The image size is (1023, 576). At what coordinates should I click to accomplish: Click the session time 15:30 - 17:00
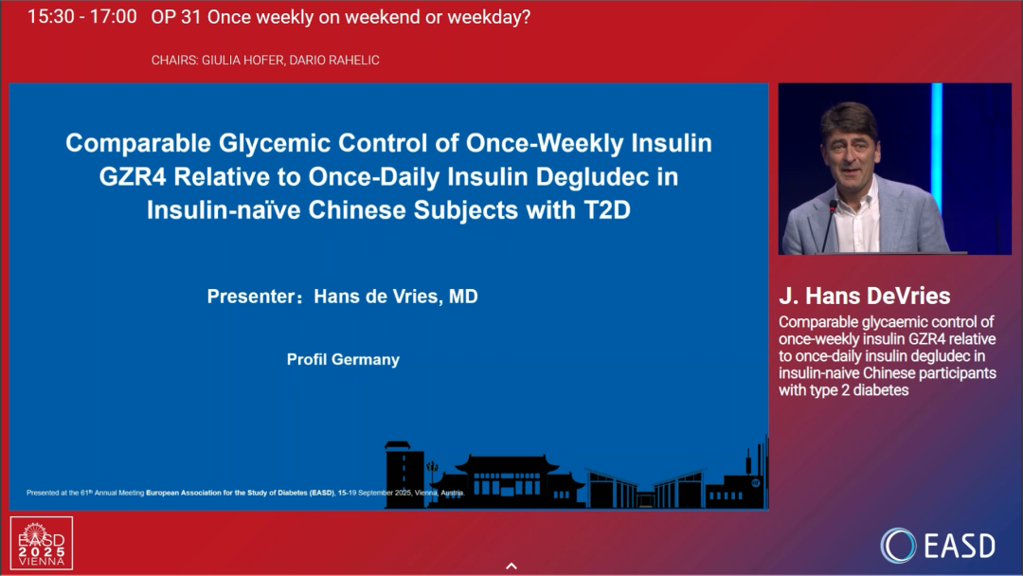coord(82,17)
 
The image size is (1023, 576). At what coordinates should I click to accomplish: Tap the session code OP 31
coord(176,17)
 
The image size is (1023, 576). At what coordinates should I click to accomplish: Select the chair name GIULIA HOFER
coord(242,60)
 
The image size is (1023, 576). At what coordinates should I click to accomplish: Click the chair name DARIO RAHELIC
coord(334,60)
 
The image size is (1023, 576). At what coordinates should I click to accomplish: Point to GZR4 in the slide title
coord(134,177)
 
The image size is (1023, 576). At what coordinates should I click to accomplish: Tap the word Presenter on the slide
coord(250,297)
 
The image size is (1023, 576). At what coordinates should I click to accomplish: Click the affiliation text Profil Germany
coord(343,359)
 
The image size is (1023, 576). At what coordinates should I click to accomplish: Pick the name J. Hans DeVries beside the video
coord(865,296)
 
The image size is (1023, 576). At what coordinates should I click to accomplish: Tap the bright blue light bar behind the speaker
coord(937,147)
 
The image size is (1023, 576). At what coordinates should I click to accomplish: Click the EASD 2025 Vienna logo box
coord(42,544)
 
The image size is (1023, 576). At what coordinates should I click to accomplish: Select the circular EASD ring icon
coord(898,546)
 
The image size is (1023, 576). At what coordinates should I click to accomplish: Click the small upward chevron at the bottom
coord(511,567)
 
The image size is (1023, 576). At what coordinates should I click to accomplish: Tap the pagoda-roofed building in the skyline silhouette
coord(507,481)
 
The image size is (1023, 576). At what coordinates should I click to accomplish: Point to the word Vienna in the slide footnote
coord(426,494)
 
